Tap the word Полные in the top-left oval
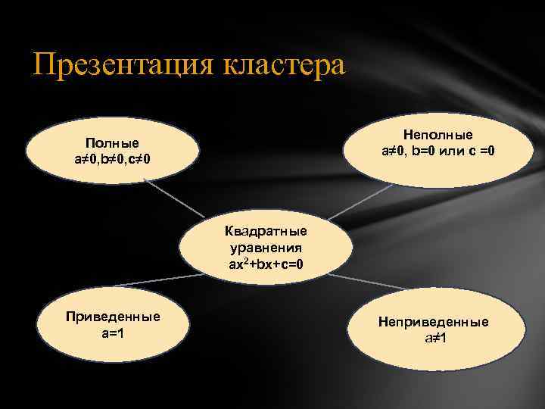(x=112, y=143)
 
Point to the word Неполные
(x=438, y=135)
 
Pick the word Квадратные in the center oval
(x=266, y=231)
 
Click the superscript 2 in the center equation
(x=244, y=261)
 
